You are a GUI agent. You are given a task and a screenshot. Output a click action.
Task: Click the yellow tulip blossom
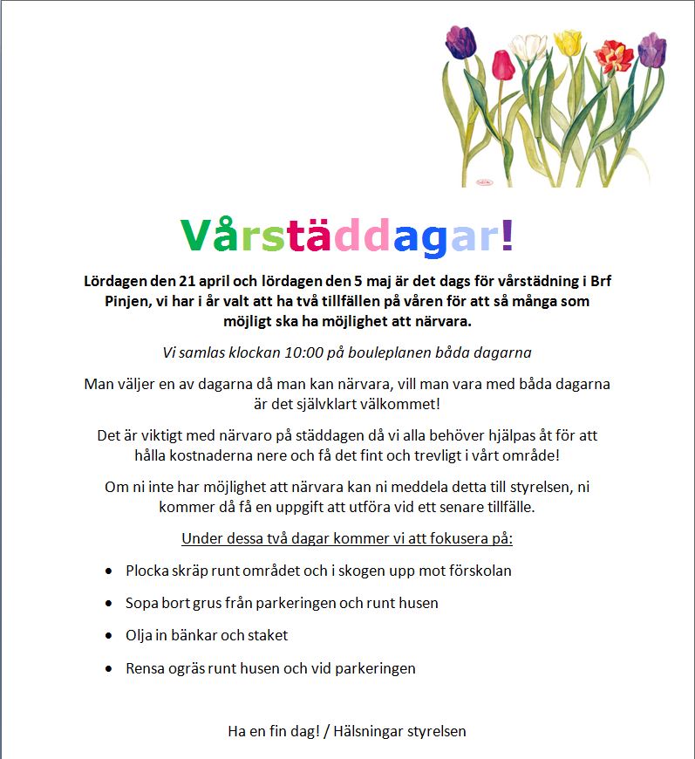click(569, 41)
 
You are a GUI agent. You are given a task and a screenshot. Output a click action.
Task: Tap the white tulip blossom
click(530, 48)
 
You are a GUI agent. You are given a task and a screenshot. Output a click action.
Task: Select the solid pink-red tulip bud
click(502, 64)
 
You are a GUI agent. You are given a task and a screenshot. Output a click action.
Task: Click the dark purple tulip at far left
click(460, 40)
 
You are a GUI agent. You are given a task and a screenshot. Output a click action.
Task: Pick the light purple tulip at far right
click(651, 51)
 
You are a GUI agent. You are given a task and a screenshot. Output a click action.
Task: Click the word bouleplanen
click(392, 353)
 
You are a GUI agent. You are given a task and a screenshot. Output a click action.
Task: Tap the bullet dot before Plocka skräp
click(108, 571)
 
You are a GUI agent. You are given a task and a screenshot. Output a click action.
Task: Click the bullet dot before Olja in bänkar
click(108, 635)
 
